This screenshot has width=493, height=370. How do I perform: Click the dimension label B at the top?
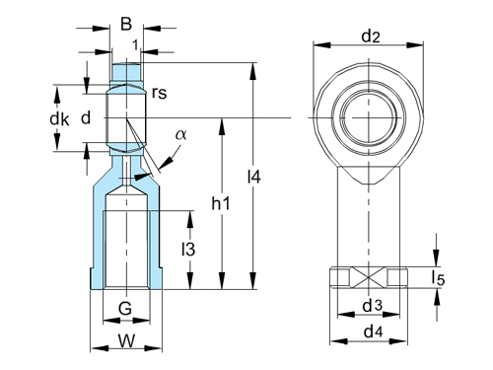[x=125, y=23]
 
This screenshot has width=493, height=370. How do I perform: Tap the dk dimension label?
[x=60, y=118]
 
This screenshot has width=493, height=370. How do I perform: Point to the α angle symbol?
[x=180, y=135]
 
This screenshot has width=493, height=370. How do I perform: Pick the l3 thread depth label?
[x=187, y=250]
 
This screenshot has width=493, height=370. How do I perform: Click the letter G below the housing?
[x=125, y=310]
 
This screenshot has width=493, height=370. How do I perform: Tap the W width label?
[x=125, y=341]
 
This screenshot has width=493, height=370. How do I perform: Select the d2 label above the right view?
[x=370, y=37]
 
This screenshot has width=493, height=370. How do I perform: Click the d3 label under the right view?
[x=372, y=306]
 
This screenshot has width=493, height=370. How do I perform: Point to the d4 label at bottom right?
[x=372, y=333]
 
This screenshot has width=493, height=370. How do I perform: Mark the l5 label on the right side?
[x=440, y=279]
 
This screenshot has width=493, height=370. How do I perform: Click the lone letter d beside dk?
[x=86, y=118]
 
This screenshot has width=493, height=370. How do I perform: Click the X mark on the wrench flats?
[x=371, y=278]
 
